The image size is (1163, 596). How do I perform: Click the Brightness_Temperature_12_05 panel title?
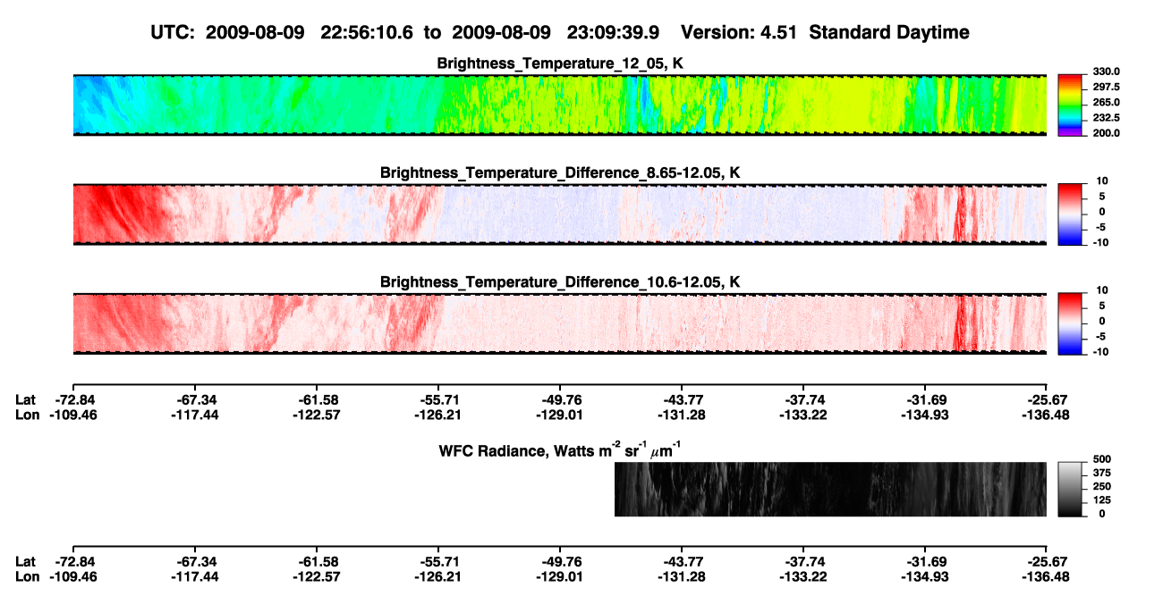(560, 63)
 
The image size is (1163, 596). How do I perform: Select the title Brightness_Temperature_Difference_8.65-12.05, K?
(560, 172)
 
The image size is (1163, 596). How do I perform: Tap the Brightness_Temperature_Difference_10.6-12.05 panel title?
(560, 282)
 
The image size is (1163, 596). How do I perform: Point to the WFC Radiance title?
(560, 449)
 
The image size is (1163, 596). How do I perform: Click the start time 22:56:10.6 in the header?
(367, 32)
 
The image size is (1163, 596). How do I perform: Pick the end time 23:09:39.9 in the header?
(613, 32)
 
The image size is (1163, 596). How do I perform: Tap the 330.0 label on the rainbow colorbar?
(1106, 71)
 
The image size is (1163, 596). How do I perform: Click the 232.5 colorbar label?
(1106, 118)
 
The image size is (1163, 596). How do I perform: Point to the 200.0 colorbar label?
(1106, 133)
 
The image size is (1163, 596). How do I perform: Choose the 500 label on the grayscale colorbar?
(1102, 459)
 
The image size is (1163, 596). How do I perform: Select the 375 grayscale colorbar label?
(1102, 473)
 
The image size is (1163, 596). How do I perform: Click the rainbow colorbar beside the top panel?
(1070, 105)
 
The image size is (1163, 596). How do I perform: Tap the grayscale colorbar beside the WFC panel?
(1070, 489)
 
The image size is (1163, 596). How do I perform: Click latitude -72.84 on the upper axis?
(74, 400)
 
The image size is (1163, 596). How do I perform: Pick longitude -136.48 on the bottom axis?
(1046, 577)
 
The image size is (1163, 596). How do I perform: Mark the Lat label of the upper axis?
(25, 400)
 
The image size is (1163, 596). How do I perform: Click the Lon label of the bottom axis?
(27, 577)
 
